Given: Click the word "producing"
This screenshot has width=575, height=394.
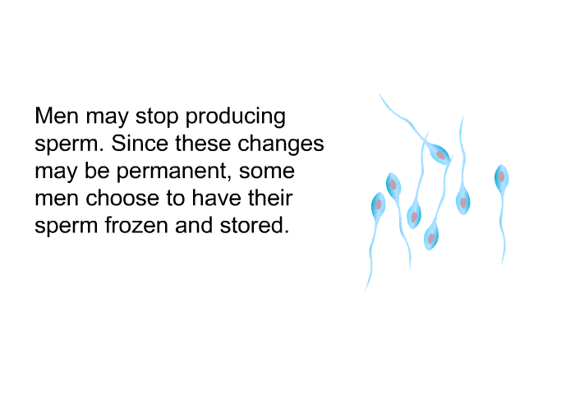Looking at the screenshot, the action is (236, 117).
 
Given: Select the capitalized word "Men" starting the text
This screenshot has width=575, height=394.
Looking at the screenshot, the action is (57, 116).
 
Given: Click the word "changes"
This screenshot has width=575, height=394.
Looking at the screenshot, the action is (281, 144).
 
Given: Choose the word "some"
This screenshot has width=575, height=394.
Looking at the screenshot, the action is (267, 172).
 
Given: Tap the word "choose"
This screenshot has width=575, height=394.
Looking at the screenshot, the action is (122, 198).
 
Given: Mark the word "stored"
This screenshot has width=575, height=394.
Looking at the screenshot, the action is (255, 225).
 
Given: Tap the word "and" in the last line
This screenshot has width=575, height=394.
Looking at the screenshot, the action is (194, 225).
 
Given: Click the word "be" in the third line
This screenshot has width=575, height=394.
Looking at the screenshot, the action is (97, 171).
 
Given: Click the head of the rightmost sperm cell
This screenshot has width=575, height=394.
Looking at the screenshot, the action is (501, 178).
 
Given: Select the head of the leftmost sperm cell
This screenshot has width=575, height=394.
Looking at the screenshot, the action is (378, 205).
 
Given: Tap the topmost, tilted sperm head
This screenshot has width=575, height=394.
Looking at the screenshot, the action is (439, 154).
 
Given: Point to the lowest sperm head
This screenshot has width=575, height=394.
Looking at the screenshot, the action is (431, 238).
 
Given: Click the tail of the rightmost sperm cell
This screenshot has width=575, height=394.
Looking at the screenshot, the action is (503, 227).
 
